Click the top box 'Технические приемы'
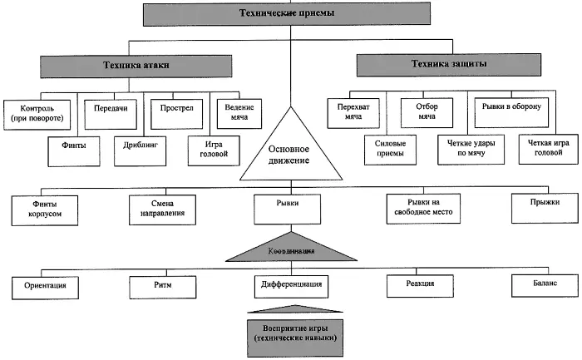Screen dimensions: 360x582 pyautogui.click(x=289, y=14)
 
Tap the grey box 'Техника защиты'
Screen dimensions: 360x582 pyautogui.click(x=448, y=64)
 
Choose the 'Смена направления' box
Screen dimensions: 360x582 pyautogui.click(x=163, y=207)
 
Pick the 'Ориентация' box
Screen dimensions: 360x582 pyautogui.click(x=46, y=286)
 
